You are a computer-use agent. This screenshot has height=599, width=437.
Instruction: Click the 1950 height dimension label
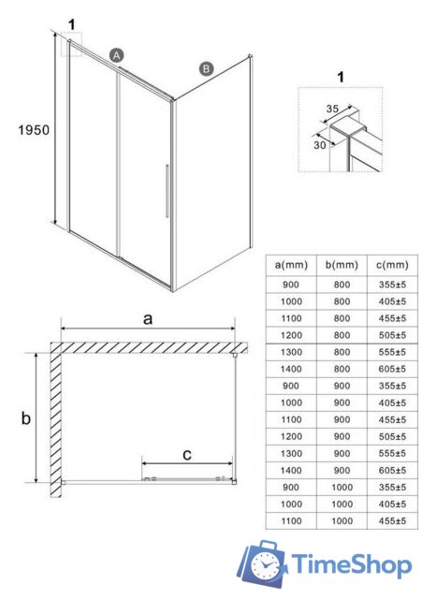[x=34, y=130]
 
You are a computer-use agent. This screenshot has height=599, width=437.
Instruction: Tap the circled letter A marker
[x=117, y=55]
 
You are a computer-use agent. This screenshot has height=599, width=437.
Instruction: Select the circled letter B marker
[x=206, y=68]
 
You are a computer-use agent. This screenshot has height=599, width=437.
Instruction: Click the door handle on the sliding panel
[x=168, y=191]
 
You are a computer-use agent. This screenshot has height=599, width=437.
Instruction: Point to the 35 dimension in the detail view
[x=332, y=109]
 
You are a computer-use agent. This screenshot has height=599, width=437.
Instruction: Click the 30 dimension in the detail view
[x=320, y=145]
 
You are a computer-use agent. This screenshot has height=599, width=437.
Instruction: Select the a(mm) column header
[x=291, y=265]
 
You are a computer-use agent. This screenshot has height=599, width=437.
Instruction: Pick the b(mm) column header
[x=342, y=265]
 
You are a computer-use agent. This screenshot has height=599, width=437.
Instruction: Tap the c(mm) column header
[x=392, y=265]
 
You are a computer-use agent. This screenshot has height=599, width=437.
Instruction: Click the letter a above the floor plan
[x=148, y=319]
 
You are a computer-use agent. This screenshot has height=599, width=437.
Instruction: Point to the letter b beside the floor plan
[x=25, y=418]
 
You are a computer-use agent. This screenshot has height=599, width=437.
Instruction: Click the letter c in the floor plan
[x=187, y=455]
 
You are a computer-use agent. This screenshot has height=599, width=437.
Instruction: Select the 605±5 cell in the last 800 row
[x=392, y=369]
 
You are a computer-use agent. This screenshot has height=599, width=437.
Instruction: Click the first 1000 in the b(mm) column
[x=342, y=487]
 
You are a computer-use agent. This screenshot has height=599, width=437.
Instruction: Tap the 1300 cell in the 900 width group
[x=291, y=453]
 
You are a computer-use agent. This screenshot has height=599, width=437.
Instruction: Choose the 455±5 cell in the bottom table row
[x=392, y=520]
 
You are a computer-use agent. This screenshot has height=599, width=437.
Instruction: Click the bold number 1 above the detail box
[x=341, y=77]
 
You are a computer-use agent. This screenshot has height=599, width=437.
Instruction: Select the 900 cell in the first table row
[x=291, y=285]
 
